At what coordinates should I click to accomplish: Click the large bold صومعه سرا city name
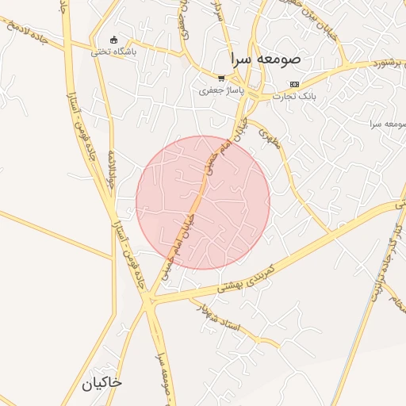tap(266, 59)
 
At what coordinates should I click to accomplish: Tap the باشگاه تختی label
tap(113, 52)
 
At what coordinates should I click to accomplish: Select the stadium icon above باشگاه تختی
tap(113, 40)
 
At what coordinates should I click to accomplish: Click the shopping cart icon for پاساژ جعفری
tap(221, 78)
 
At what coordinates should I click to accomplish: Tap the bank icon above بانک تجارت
tap(295, 84)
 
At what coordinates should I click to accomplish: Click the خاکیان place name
tap(101, 382)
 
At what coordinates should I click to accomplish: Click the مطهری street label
tap(270, 142)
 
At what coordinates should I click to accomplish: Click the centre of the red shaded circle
tap(203, 202)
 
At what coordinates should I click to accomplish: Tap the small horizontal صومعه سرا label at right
tap(387, 124)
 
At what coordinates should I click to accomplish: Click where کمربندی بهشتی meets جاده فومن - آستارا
tap(149, 300)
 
